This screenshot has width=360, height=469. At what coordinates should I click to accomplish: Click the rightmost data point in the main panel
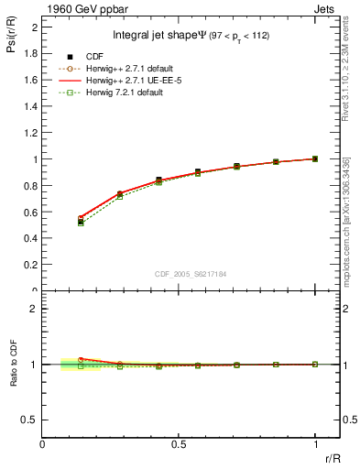pos(315,158)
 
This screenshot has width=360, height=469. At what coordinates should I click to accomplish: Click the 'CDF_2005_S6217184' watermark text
pos(191,274)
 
